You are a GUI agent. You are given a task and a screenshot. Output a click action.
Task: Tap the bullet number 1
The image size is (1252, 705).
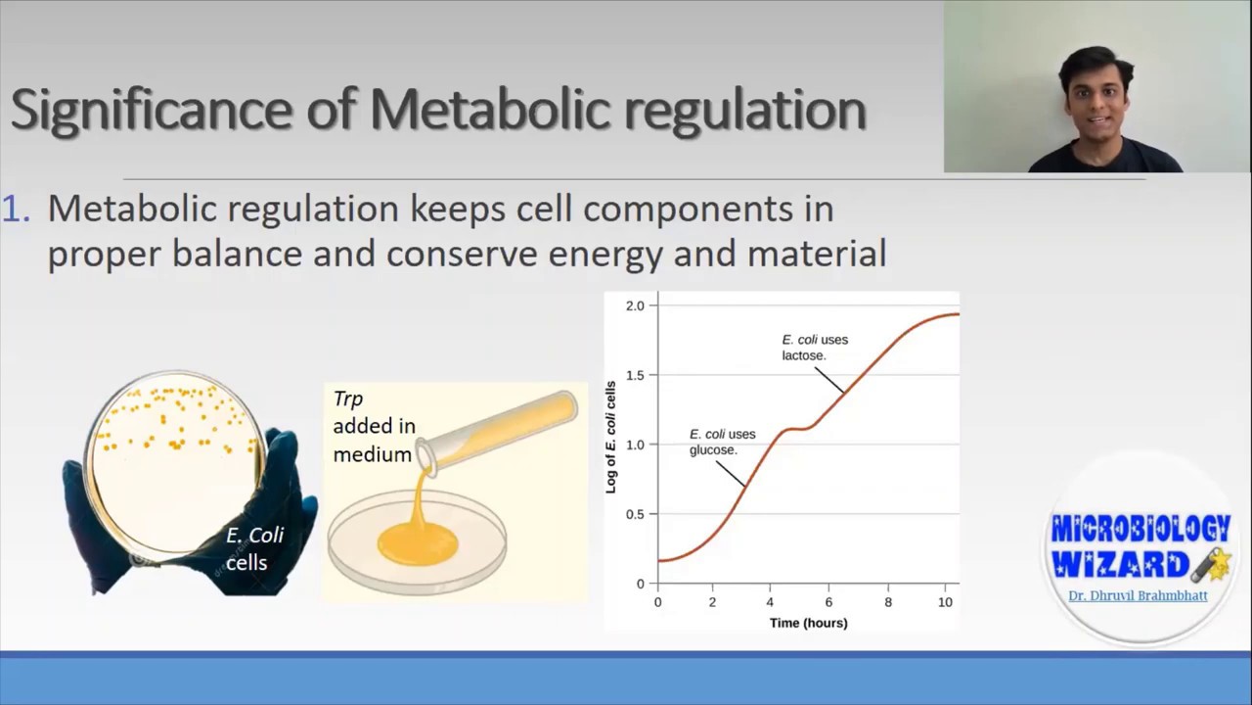tap(16, 209)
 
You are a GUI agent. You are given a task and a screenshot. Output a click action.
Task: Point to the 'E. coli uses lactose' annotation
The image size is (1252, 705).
tap(814, 348)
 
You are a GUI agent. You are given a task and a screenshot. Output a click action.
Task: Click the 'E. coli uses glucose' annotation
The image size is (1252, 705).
tap(722, 442)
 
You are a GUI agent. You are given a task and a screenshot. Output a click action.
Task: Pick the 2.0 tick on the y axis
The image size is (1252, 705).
tap(635, 305)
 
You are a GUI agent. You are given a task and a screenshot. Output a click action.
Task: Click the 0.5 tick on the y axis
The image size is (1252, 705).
tap(635, 514)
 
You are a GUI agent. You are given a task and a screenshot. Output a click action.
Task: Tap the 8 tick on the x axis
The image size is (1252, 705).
tap(888, 602)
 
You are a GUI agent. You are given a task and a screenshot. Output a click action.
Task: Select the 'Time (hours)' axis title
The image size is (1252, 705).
tap(808, 623)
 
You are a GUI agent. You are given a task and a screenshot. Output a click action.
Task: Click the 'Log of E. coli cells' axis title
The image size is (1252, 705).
tap(610, 437)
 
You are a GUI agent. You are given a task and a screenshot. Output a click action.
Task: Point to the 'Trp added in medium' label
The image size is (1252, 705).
tap(373, 426)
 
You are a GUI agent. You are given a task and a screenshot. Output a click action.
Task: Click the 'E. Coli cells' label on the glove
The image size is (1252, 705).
tap(253, 548)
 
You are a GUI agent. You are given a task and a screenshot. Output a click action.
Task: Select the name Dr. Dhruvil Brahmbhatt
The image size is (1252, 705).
tap(1138, 595)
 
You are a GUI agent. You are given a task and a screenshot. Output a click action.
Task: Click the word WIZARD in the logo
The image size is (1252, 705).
tap(1120, 565)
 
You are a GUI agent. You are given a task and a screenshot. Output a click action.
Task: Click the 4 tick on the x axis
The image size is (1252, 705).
tap(770, 602)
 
